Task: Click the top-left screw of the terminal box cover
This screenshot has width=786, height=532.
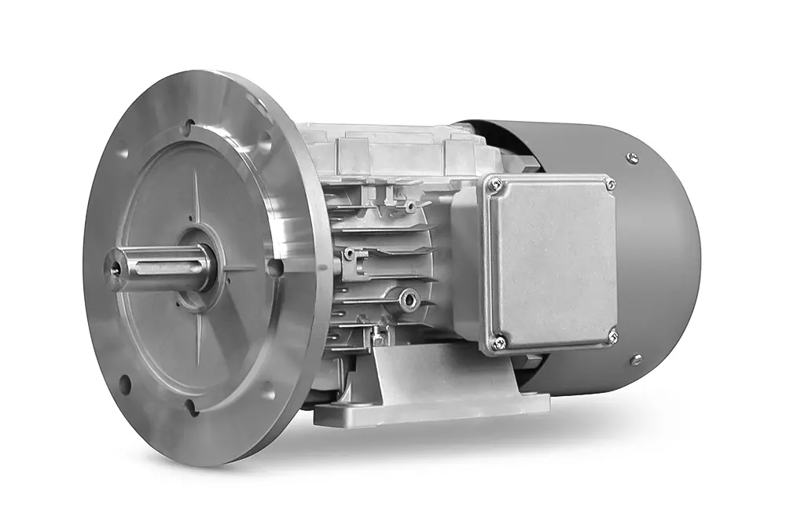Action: [x=494, y=185]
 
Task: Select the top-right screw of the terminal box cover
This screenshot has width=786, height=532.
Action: [x=610, y=184]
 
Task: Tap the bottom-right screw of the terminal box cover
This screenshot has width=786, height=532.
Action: [x=612, y=336]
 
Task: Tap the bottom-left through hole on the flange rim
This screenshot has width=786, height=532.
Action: [x=124, y=384]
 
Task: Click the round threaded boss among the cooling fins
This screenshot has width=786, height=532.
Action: [x=407, y=298]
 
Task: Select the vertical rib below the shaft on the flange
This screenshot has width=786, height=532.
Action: [x=193, y=346]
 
